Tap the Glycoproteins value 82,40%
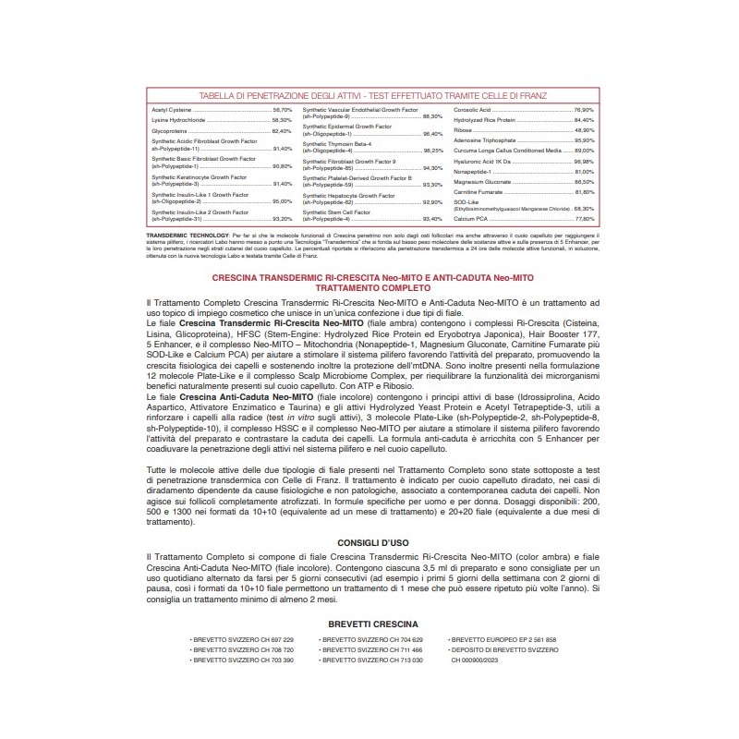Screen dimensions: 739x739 tap(282, 131)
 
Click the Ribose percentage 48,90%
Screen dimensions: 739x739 tap(583, 130)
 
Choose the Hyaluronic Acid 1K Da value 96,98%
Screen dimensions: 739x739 tap(583, 162)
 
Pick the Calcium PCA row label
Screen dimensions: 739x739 tap(470, 219)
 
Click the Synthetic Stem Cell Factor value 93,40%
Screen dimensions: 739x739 tap(432, 219)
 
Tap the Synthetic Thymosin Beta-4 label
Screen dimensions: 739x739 tap(337, 144)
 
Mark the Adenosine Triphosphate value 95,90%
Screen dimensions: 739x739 tap(583, 140)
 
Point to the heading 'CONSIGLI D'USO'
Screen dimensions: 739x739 tap(369, 544)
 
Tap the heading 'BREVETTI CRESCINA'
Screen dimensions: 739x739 tap(369, 624)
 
